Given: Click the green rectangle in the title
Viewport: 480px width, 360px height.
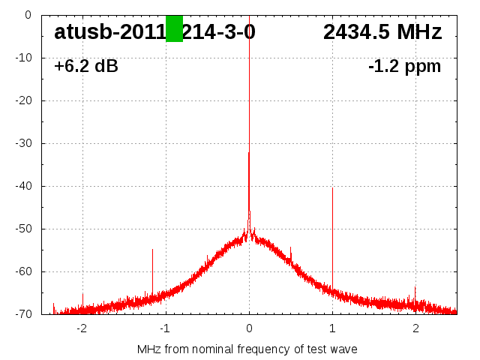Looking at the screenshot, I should tap(174, 28).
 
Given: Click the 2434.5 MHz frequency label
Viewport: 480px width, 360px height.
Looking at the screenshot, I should tap(382, 32).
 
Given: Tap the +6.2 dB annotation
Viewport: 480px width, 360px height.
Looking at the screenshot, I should tap(86, 67).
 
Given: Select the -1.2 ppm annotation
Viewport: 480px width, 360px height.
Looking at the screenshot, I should tap(404, 67).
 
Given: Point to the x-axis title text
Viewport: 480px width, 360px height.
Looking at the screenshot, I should tap(247, 349).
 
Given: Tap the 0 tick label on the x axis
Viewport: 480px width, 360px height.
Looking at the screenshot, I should tap(249, 328).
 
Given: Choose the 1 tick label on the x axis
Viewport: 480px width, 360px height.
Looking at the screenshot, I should tap(332, 328).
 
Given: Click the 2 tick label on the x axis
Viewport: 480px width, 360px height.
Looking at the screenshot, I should tap(415, 328).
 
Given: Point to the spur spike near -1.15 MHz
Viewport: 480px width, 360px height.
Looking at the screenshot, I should tap(152, 270).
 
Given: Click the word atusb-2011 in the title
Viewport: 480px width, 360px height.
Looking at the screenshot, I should tap(109, 32).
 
